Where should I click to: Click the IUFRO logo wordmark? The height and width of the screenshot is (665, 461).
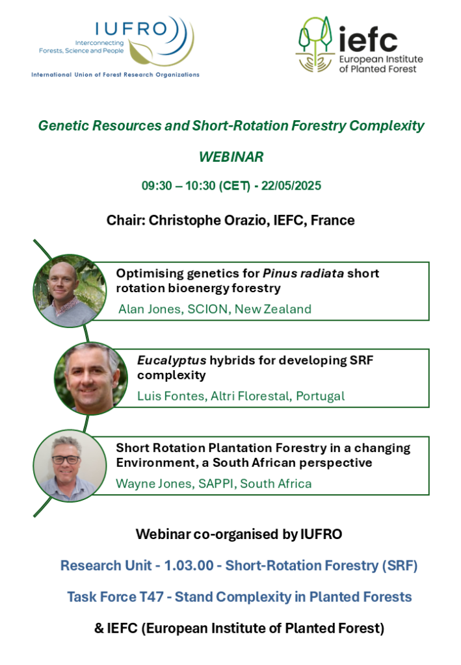tap(131, 29)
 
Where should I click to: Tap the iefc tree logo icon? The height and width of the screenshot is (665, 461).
tap(315, 44)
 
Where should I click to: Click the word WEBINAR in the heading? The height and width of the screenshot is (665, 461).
tap(231, 157)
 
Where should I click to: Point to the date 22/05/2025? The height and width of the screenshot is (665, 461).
tap(291, 186)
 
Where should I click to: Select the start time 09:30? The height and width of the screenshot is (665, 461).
tap(157, 186)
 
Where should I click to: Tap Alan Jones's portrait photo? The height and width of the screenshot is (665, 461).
tap(70, 290)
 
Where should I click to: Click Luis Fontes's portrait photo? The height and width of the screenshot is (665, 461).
tap(91, 379)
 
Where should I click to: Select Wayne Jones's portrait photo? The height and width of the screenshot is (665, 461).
tap(70, 466)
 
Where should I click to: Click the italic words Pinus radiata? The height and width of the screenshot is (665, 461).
tap(303, 273)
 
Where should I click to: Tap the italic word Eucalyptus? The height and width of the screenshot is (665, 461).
tap(172, 360)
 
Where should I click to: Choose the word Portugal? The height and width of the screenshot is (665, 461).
tap(320, 396)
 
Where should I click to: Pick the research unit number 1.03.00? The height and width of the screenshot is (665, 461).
tap(189, 566)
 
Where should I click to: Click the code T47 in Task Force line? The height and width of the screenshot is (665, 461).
tap(151, 597)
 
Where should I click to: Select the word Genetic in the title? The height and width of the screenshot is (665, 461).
tap(63, 126)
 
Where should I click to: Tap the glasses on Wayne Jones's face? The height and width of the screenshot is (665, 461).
tap(66, 459)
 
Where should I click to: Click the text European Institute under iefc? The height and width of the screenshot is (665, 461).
tap(381, 59)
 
